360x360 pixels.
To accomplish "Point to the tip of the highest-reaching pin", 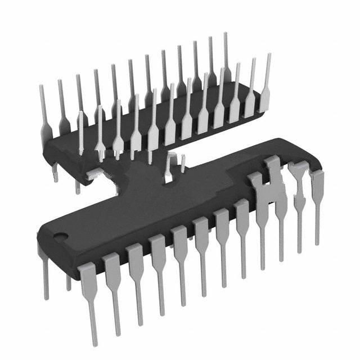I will point(226,35).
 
